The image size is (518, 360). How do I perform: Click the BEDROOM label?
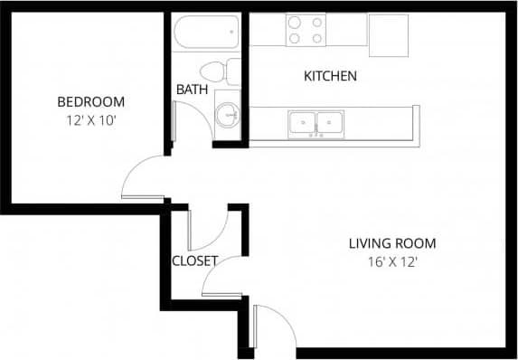(90, 101)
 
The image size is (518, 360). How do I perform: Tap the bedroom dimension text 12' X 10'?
(90, 118)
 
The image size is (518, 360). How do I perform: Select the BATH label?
(192, 90)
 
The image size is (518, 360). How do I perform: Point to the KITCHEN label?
(330, 76)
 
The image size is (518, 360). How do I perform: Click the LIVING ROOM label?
(392, 242)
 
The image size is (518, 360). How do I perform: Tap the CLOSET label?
(194, 261)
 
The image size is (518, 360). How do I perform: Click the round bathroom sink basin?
(226, 115)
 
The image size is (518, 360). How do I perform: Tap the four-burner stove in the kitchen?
(306, 31)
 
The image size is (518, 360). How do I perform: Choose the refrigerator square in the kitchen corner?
(389, 34)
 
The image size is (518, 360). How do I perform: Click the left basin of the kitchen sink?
(302, 122)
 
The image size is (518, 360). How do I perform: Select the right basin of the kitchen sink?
(332, 122)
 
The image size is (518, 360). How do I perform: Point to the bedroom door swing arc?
(140, 177)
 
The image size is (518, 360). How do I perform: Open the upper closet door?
(209, 232)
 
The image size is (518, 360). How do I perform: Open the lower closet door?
(221, 277)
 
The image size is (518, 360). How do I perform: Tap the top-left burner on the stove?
(295, 24)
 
